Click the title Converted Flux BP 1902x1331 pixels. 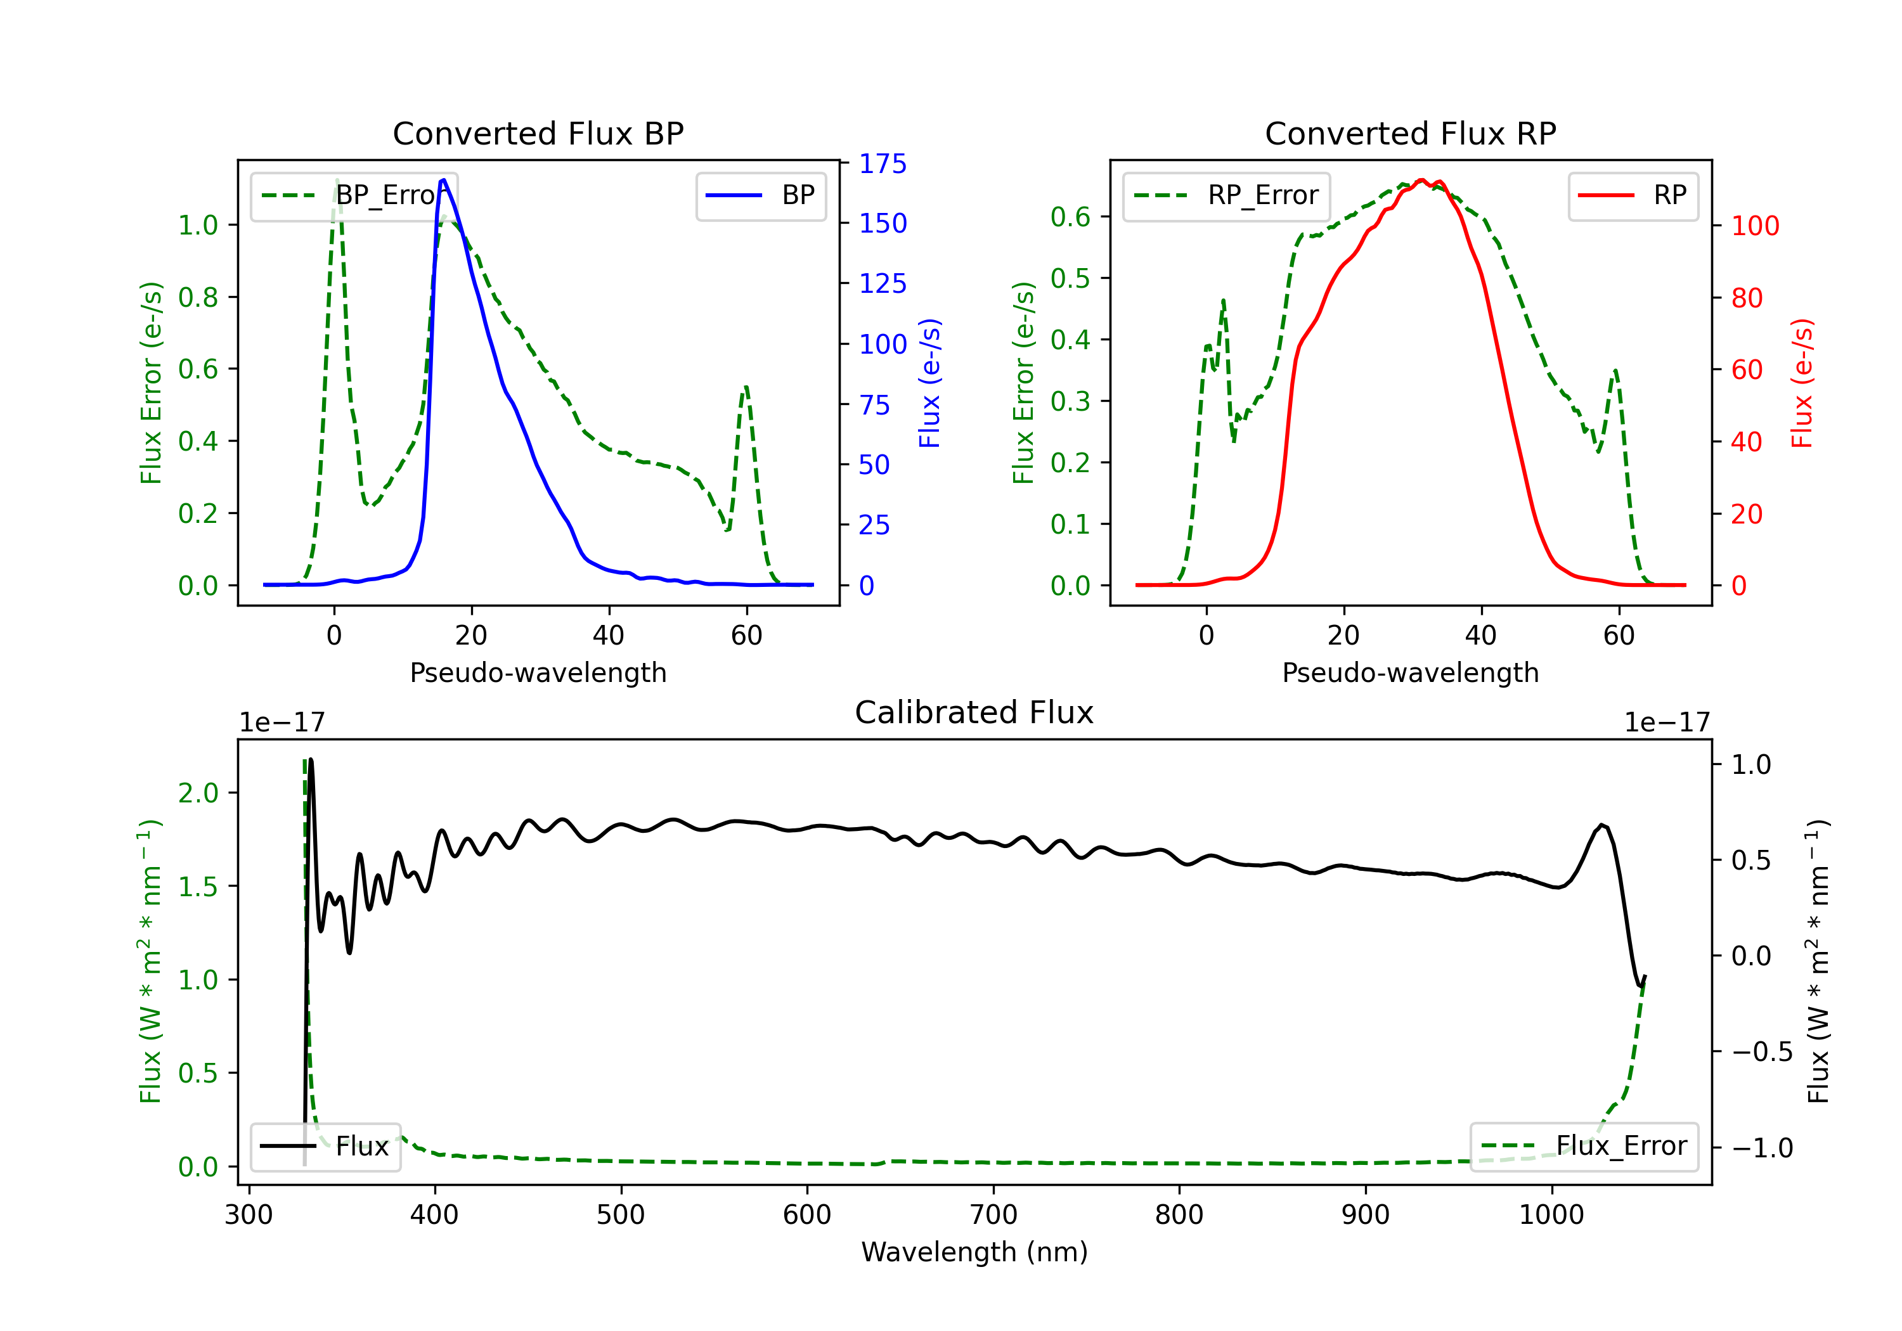pyautogui.click(x=538, y=133)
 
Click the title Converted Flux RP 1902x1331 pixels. pyautogui.click(x=1411, y=133)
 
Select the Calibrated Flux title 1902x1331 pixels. pyautogui.click(x=974, y=712)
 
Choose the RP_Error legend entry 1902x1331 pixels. pyautogui.click(x=1227, y=195)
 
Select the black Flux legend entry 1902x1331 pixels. pyautogui.click(x=326, y=1147)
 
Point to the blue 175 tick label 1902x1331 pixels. pyautogui.click(x=883, y=164)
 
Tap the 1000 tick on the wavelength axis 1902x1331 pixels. pyautogui.click(x=1551, y=1215)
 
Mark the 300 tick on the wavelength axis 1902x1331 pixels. pyautogui.click(x=249, y=1215)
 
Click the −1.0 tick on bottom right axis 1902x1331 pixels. pyautogui.click(x=1762, y=1148)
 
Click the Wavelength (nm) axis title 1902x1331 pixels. pyautogui.click(x=974, y=1252)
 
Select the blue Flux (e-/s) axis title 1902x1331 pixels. pyautogui.click(x=929, y=383)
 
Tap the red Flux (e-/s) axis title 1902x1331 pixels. pyautogui.click(x=1802, y=383)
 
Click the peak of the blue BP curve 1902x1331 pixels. pyautogui.click(x=444, y=180)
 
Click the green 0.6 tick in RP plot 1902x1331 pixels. pyautogui.click(x=1070, y=217)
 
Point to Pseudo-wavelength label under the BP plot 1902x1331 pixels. pyautogui.click(x=538, y=672)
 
